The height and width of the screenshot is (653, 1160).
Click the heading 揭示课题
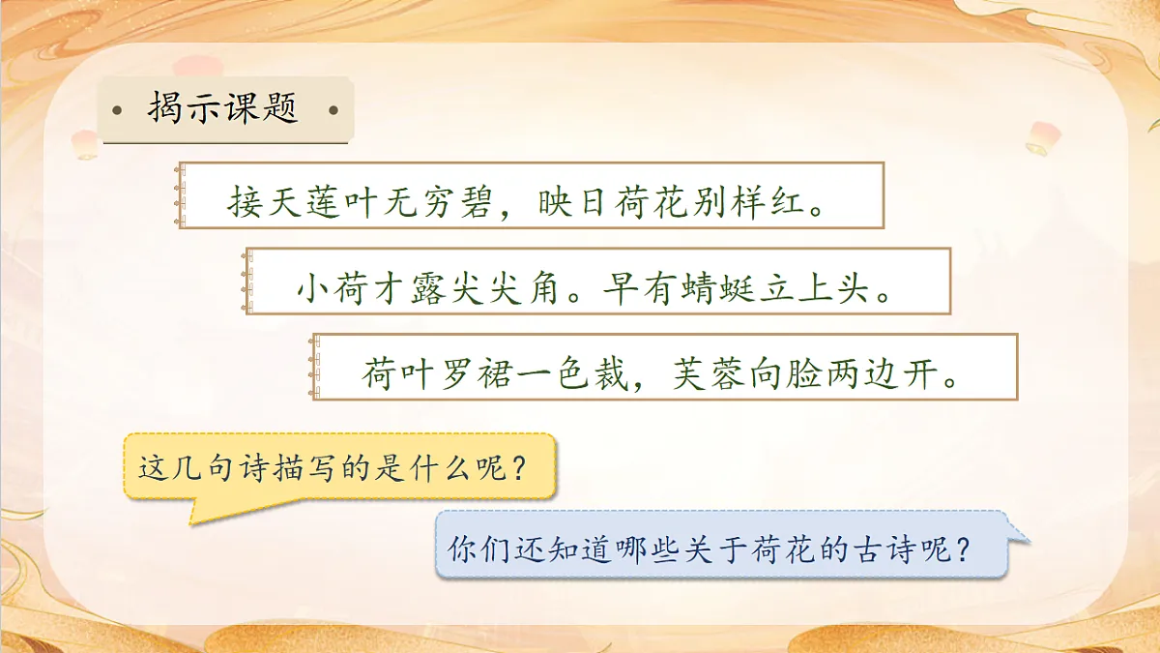(x=223, y=109)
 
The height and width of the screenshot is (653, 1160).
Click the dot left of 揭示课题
(x=117, y=109)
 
